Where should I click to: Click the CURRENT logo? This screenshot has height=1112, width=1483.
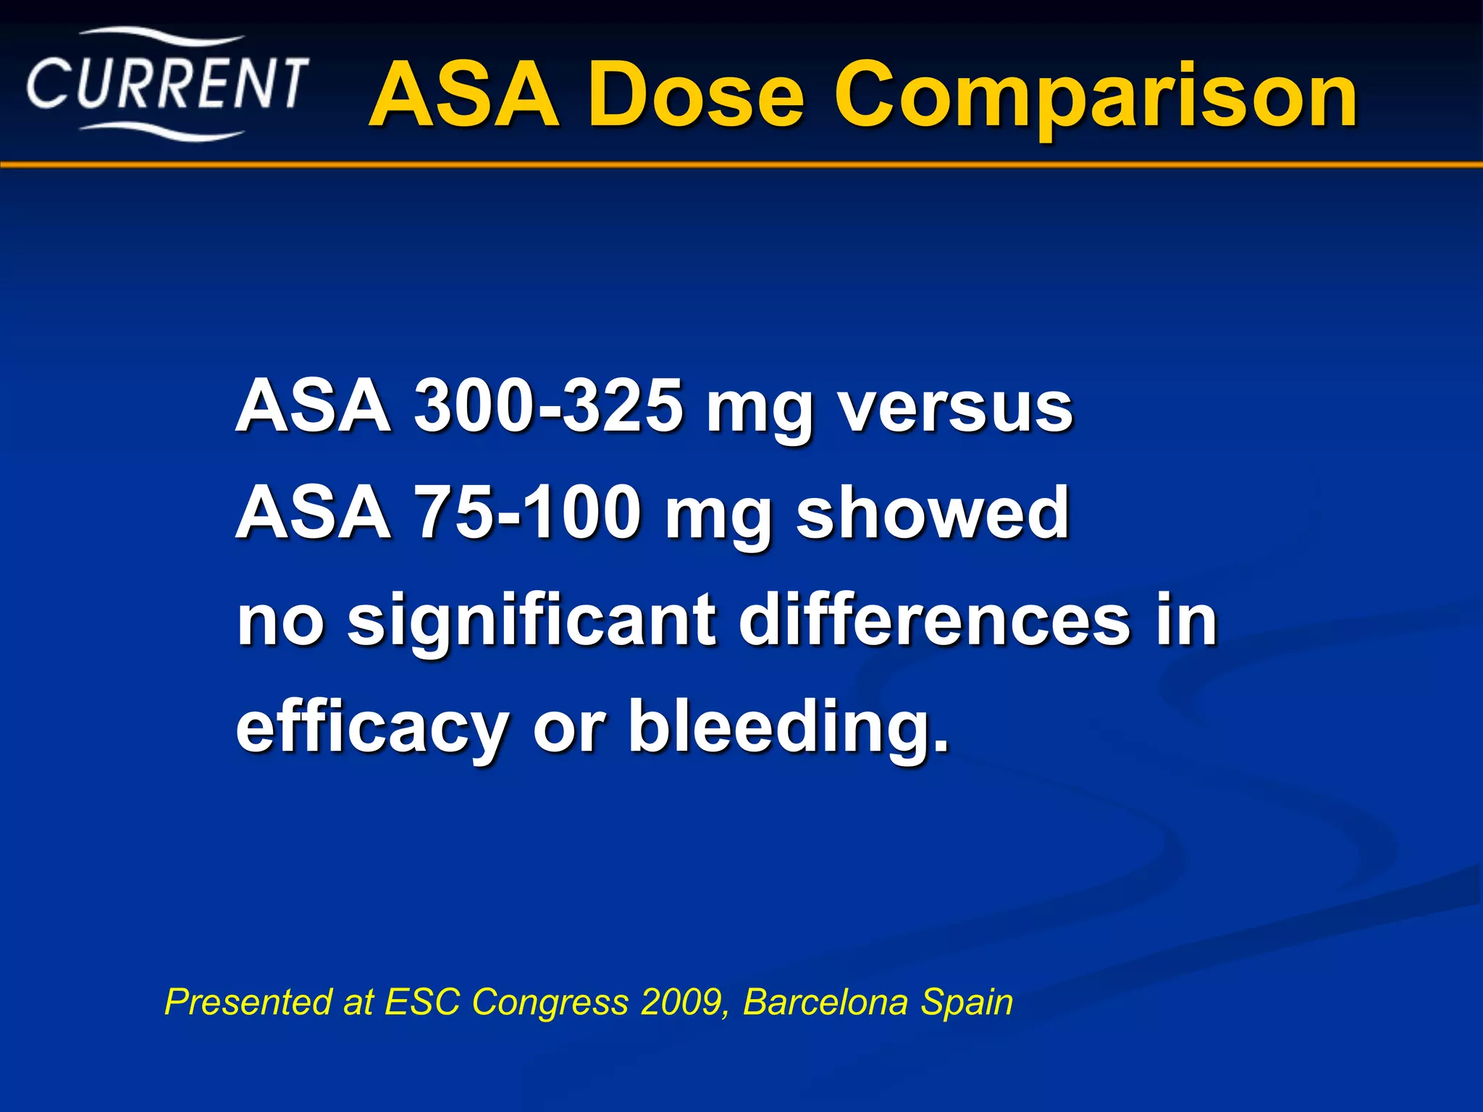[167, 85]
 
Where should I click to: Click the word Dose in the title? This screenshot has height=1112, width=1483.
[695, 96]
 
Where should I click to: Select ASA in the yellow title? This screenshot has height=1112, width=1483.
[464, 96]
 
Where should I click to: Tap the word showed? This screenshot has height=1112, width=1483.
[933, 513]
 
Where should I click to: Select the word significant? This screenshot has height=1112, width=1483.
[532, 622]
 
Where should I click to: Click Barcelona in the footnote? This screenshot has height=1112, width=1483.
[825, 1002]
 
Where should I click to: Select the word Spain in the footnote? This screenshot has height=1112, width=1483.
[967, 1003]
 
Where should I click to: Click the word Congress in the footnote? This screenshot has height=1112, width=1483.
[551, 1003]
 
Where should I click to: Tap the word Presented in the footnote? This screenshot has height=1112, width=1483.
[247, 1002]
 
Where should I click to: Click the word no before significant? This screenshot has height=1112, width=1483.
[280, 621]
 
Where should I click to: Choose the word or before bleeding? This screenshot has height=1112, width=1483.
[568, 727]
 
